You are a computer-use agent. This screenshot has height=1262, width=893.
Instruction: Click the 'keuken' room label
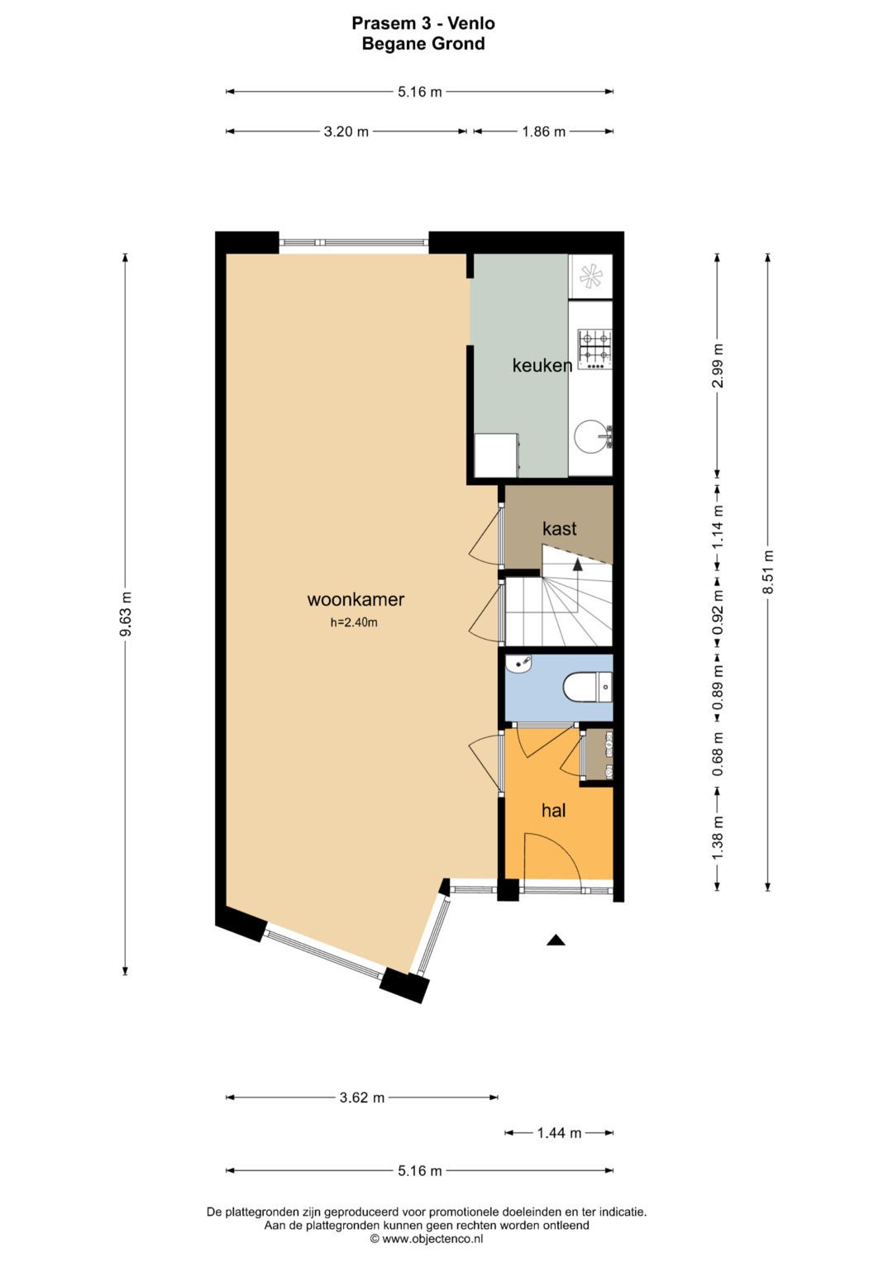pos(542,365)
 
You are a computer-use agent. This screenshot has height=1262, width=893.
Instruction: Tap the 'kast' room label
pos(559,529)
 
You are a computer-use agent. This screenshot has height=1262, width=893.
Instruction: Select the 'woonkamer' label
pos(356,600)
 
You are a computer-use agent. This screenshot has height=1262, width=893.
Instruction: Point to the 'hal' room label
pos(553,811)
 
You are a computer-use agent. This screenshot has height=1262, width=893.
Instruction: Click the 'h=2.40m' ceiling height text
pos(354,622)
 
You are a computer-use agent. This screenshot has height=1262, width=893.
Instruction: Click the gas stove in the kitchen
pos(595,349)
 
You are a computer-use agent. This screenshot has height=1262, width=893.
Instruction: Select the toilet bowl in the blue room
pos(582,686)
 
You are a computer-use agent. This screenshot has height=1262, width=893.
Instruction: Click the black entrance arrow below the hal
pos(556,940)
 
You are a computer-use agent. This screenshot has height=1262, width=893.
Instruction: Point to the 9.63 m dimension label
pos(126,614)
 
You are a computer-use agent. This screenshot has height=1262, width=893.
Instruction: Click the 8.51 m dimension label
pos(768,572)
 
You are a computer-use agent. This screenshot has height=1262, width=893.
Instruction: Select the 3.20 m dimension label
pos(346,131)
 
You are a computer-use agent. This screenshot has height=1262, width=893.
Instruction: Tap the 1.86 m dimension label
pos(543,131)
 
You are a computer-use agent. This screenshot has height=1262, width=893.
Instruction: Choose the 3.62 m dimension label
pos(361,1098)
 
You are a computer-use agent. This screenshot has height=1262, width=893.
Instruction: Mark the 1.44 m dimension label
pos(559,1133)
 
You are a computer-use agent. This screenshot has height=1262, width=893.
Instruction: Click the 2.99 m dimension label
pos(718,365)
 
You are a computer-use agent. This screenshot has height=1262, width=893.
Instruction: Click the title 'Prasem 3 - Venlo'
pos(423,23)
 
